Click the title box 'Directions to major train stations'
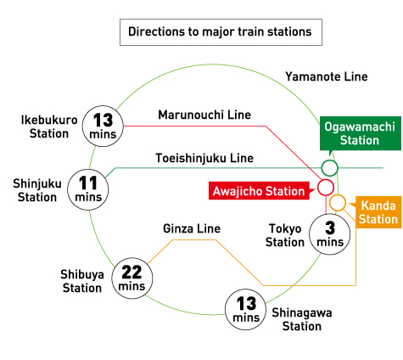[x=221, y=32]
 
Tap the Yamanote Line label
[x=327, y=76]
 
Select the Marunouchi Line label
[x=204, y=115]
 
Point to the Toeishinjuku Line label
[x=204, y=158]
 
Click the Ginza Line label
[x=192, y=228]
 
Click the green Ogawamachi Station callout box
[x=361, y=133]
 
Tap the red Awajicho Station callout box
[x=259, y=191]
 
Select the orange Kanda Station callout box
[x=378, y=212]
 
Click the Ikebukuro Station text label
[x=49, y=127]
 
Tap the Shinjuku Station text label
[x=37, y=190]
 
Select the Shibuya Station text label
[x=82, y=281]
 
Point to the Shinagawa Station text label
[x=302, y=319]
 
